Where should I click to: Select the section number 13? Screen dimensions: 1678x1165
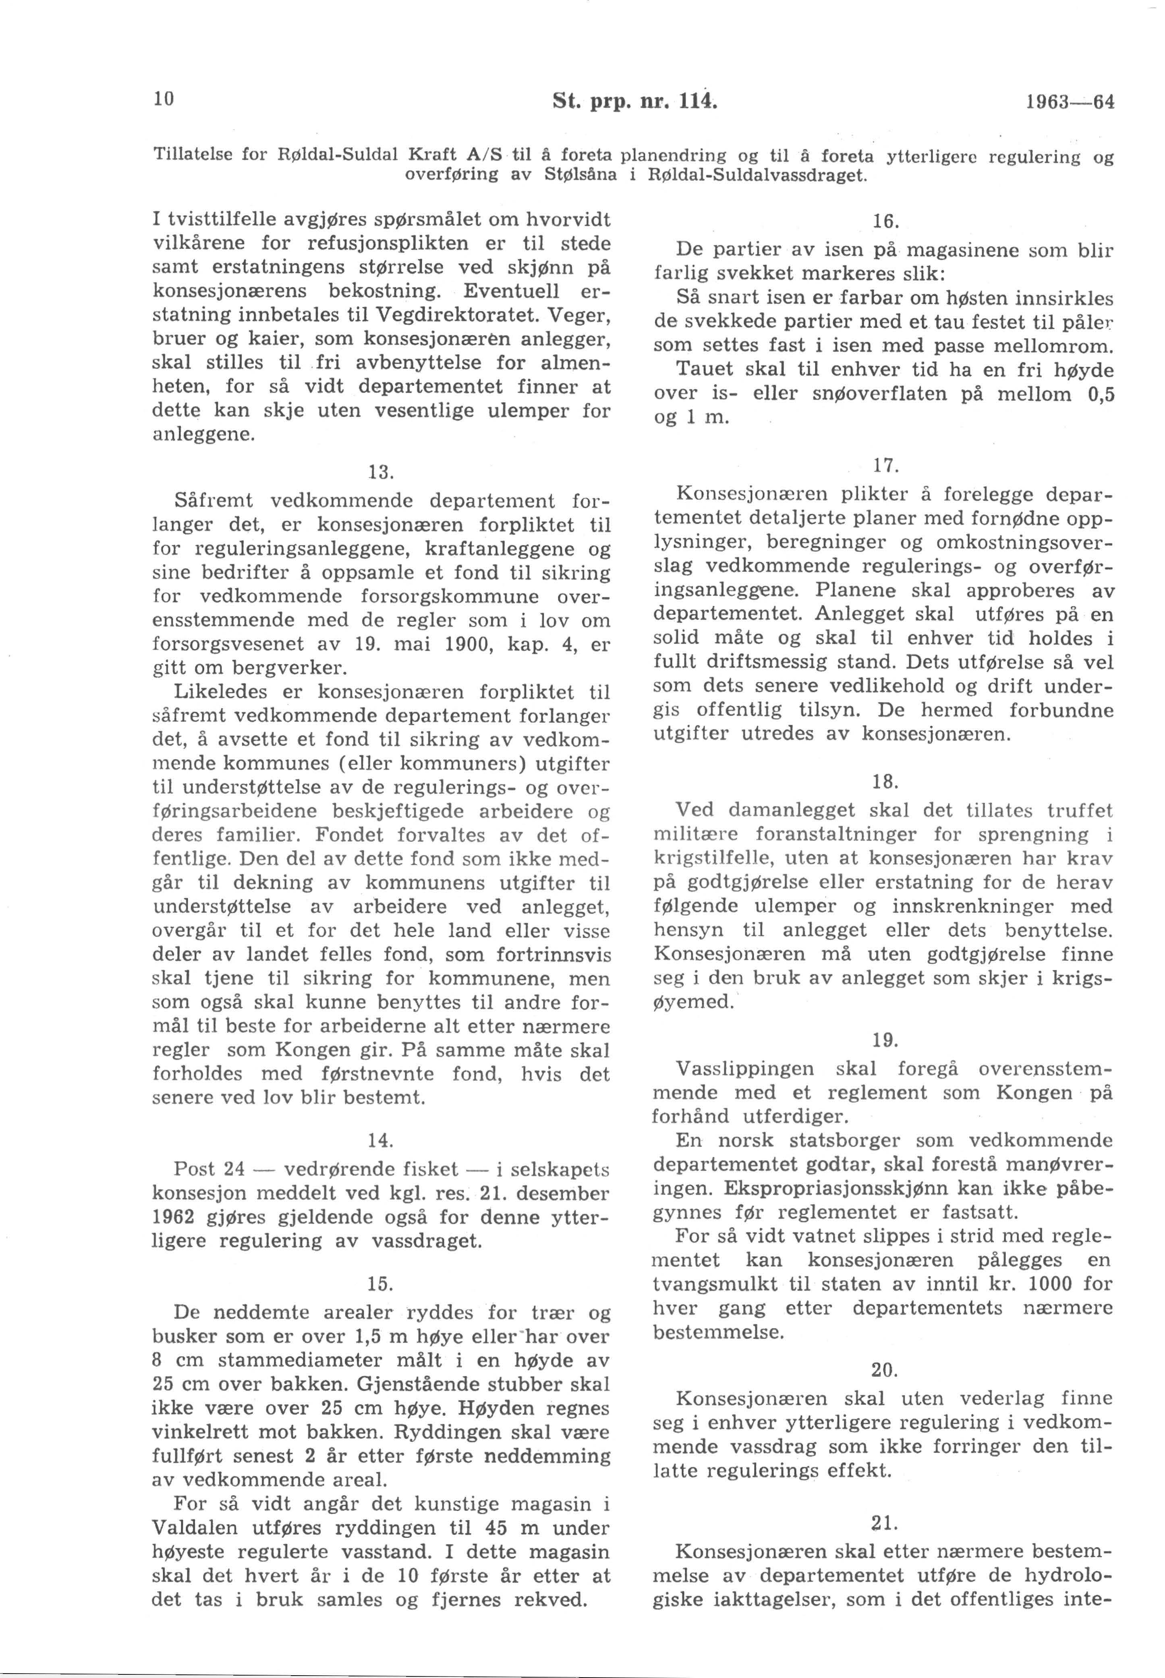[x=381, y=472]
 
